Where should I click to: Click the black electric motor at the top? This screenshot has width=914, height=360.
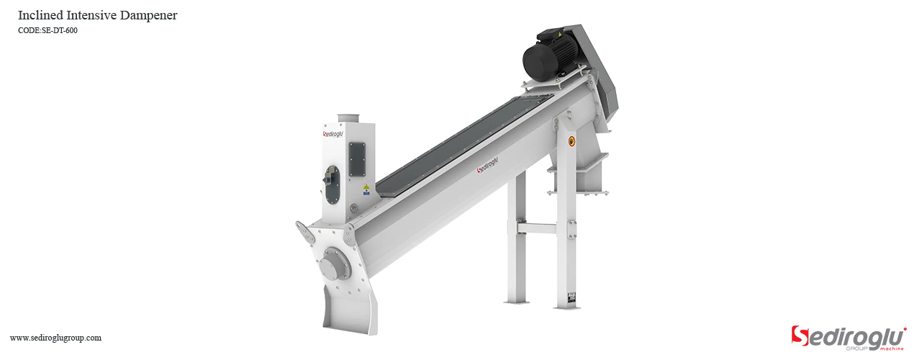point(548,58)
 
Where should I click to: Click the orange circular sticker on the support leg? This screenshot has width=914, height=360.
point(572,141)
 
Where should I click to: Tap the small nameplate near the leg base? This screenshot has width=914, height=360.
point(571,296)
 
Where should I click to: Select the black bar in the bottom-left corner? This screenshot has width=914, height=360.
point(55,339)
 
